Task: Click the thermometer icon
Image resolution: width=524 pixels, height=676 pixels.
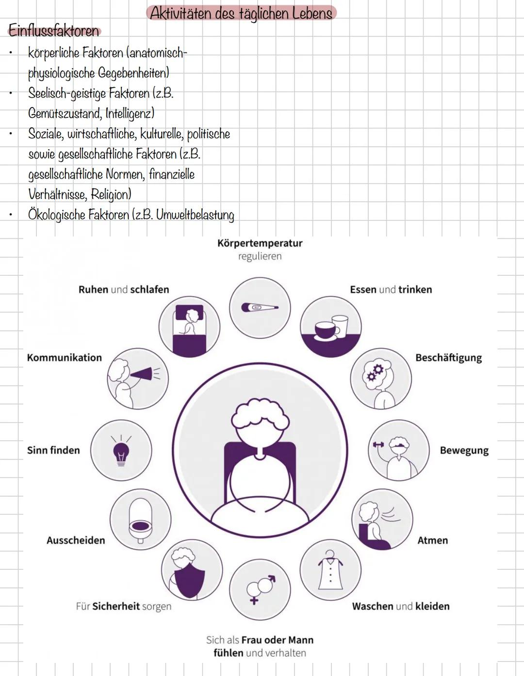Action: point(260,308)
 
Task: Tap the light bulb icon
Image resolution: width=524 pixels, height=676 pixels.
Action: point(121,452)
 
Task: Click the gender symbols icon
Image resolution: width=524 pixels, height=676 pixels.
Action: point(260,588)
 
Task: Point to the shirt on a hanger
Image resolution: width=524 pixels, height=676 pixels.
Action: point(330,571)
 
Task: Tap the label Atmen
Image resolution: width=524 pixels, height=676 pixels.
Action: point(432,540)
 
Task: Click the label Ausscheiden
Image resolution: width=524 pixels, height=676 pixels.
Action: point(76,540)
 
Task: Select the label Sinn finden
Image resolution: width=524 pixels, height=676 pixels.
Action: point(53,450)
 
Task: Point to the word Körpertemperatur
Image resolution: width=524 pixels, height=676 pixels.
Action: point(260,243)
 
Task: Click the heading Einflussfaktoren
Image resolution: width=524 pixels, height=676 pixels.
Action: point(53,31)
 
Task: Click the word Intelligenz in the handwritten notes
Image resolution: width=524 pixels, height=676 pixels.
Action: point(130,113)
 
